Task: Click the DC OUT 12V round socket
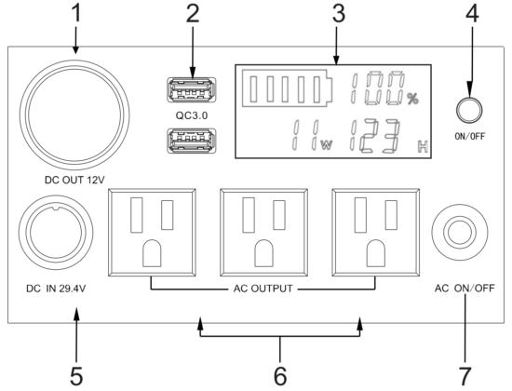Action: pos(74,115)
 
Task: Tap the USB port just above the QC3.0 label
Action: pos(192,89)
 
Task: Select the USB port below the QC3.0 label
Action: pos(192,141)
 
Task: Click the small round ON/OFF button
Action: pos(469,111)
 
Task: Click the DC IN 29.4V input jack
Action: pos(56,233)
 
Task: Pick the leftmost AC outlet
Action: pos(152,232)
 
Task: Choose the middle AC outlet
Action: pos(263,232)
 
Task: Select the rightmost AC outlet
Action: pos(376,232)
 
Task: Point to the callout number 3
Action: pos(339,14)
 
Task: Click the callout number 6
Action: pos(280,376)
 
